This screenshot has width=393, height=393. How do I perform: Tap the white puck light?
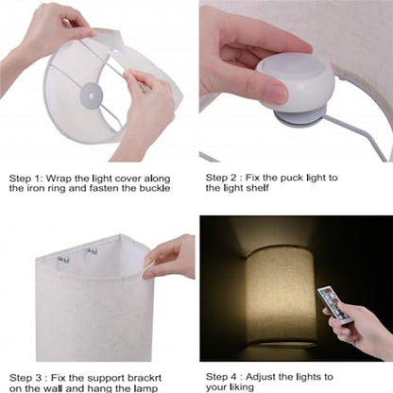pyautogui.click(x=295, y=84)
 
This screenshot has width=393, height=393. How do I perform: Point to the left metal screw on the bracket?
pyautogui.click(x=63, y=260)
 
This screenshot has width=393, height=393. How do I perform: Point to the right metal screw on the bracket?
pyautogui.click(x=93, y=251)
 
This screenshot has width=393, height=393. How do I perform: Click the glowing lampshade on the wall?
pyautogui.click(x=282, y=295)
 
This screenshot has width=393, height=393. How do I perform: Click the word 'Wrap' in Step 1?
pyautogui.click(x=59, y=179)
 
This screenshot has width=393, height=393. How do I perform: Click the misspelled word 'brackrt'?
pyautogui.click(x=145, y=378)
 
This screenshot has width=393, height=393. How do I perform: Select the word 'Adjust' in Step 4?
pyautogui.click(x=261, y=377)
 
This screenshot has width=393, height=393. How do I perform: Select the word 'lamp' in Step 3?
pyautogui.click(x=145, y=388)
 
